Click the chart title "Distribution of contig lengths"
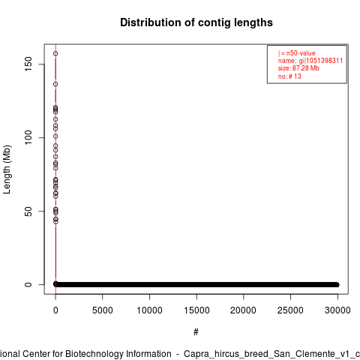(196, 22)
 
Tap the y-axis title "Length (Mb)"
(7, 169)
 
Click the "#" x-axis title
(196, 332)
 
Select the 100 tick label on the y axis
(28, 137)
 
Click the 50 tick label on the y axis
(28, 211)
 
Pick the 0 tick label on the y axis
(28, 284)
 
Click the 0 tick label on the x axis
(55, 310)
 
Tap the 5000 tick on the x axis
(103, 310)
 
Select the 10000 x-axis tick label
(149, 310)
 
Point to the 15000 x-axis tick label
(196, 310)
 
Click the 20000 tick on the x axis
(243, 310)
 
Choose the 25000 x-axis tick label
(290, 310)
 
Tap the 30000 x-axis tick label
(337, 310)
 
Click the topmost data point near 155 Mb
(55, 53)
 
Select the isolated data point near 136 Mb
(55, 84)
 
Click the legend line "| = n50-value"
(297, 53)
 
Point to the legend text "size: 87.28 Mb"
(298, 68)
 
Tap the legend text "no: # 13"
(289, 76)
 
